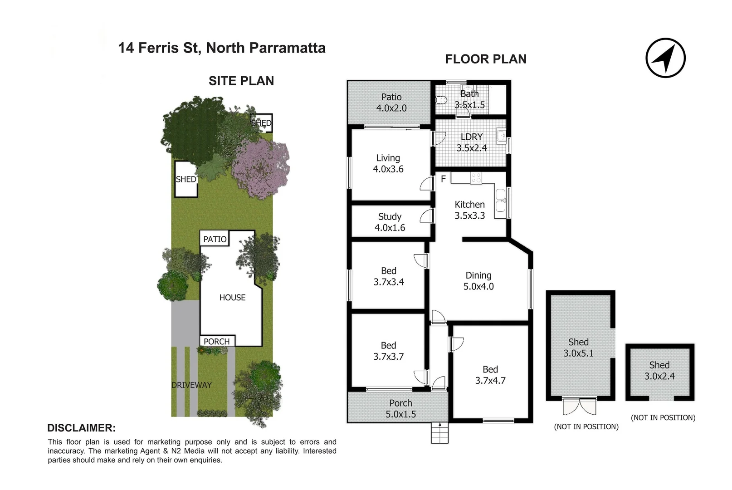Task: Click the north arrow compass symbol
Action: (665, 58)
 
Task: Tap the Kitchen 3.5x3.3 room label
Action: (470, 210)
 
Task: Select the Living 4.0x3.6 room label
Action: (388, 163)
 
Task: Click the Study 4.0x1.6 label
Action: (390, 222)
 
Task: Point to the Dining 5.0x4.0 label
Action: (478, 281)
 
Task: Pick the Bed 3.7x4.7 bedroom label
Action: (490, 375)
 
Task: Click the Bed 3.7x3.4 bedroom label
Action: (389, 276)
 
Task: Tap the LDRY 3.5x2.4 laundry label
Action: (472, 142)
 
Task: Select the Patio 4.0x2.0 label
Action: (391, 103)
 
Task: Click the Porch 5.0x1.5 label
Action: (400, 408)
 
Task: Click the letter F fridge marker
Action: (444, 179)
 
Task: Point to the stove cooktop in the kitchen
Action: (476, 178)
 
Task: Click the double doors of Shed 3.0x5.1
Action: (580, 407)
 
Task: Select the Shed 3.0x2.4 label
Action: (659, 370)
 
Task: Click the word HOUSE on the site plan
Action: (232, 298)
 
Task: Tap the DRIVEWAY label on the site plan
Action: (191, 385)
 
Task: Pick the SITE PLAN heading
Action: (241, 81)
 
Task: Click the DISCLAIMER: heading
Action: (82, 428)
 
